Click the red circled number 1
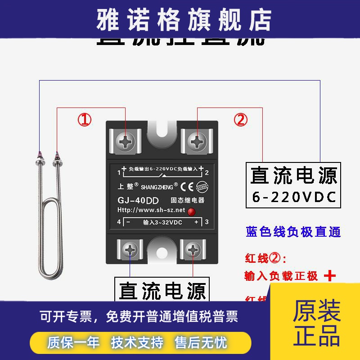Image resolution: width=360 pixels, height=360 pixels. click(x=85, y=120)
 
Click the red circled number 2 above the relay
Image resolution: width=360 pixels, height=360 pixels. click(x=240, y=120)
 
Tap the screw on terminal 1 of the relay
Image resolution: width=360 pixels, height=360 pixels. click(x=126, y=142)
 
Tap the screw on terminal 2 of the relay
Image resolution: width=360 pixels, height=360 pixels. click(x=197, y=142)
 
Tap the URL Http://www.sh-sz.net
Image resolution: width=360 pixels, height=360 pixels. click(x=151, y=210)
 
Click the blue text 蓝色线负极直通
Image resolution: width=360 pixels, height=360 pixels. click(x=293, y=232)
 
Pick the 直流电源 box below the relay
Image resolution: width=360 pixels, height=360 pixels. click(x=162, y=290)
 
